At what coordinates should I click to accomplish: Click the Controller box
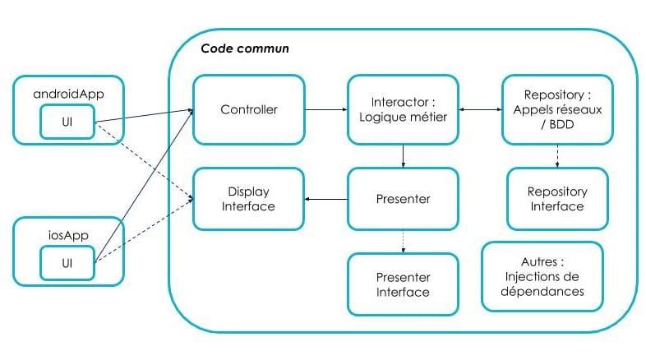(248, 109)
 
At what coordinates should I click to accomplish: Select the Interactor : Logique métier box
(403, 109)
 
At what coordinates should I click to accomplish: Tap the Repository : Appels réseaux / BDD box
(557, 109)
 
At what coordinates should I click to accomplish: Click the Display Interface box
(248, 198)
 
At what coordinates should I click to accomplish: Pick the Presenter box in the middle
(403, 198)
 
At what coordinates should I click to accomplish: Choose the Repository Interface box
(557, 198)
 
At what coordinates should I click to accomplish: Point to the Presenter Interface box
(403, 284)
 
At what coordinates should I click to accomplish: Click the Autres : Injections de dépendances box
(542, 276)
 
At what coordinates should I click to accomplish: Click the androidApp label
(67, 94)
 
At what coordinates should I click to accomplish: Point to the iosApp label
(68, 234)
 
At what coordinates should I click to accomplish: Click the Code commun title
(244, 48)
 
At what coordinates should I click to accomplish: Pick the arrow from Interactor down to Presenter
(403, 155)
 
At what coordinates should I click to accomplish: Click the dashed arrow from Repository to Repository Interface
(557, 155)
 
